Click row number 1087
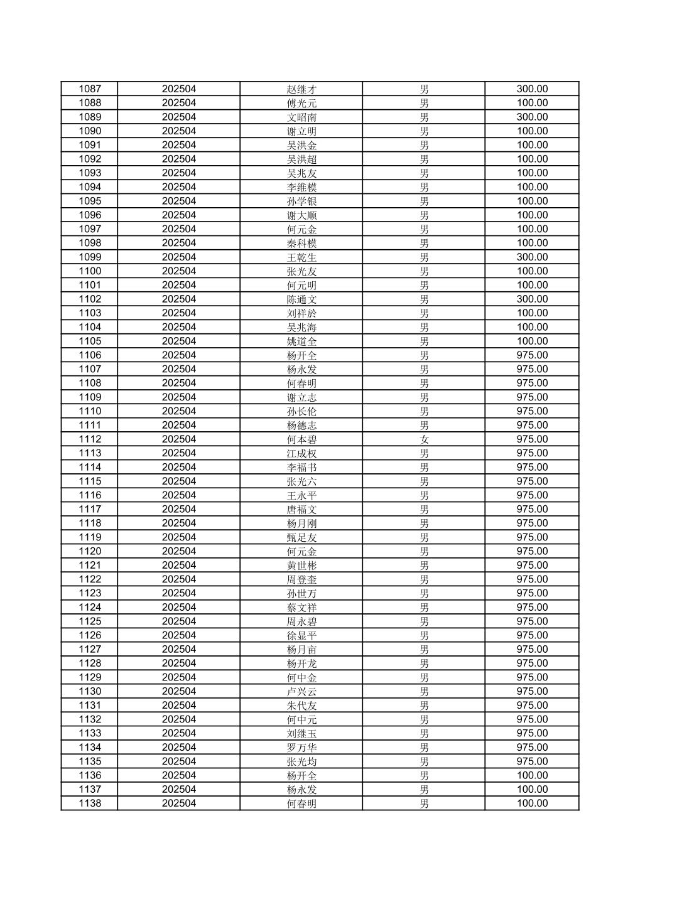point(89,89)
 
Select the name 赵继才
point(301,89)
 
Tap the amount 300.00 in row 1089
point(532,117)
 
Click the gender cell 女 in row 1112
point(424,439)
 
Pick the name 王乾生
point(301,257)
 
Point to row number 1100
point(89,271)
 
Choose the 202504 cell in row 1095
point(178,201)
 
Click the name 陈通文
point(301,299)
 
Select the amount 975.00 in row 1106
point(532,355)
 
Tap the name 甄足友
point(301,537)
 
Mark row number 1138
point(89,803)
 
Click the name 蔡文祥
point(301,608)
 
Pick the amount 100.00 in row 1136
point(532,775)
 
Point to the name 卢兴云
point(301,691)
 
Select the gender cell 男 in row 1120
point(424,551)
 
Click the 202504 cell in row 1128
point(178,663)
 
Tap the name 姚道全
point(301,341)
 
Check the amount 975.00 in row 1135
point(532,761)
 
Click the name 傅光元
point(301,103)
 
